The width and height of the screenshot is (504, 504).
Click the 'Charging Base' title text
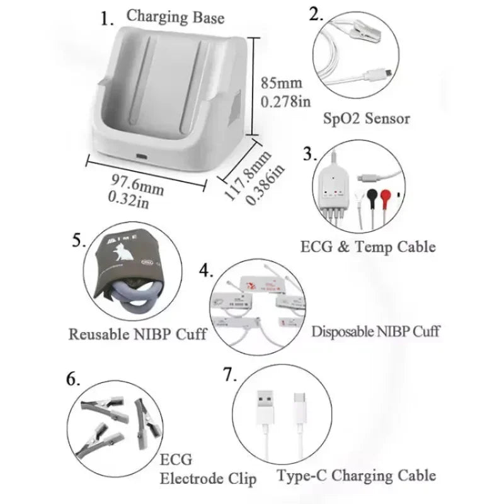175,17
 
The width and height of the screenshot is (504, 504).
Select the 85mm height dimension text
282,83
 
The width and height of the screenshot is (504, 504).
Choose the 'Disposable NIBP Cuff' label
375,331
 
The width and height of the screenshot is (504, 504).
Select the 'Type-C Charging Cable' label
356,475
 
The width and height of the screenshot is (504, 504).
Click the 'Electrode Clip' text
208,479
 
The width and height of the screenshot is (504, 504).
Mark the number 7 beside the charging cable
229,374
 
